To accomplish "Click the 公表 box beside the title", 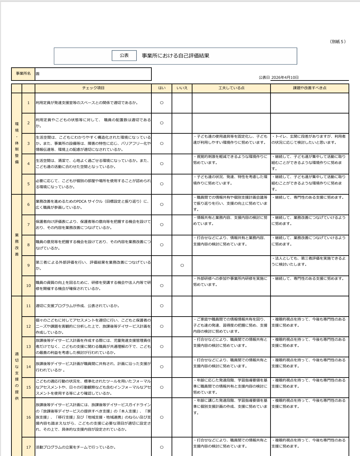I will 124,56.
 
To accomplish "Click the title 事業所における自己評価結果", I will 175,56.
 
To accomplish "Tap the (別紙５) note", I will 338,42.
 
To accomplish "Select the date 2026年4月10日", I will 285,77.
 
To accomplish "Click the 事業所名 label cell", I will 23,74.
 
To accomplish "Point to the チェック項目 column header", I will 93,88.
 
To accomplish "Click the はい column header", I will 162,88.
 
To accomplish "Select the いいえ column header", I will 182,88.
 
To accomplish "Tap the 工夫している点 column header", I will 231,88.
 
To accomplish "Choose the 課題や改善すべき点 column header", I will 310,88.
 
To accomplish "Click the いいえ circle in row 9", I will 182,265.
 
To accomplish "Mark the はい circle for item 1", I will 162,103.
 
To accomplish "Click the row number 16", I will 29,417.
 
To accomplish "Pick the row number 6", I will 29,204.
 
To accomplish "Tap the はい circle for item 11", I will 162,306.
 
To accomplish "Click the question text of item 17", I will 76,447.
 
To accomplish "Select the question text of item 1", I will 87,103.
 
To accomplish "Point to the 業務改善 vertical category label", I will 17,245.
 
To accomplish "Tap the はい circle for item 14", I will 162,367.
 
